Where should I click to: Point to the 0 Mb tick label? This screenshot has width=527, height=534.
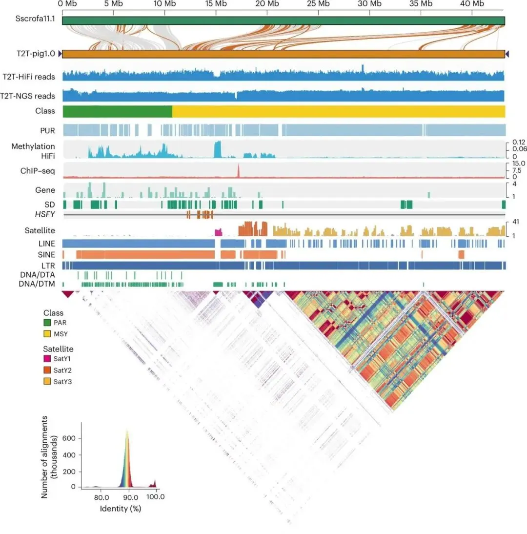coord(67,4)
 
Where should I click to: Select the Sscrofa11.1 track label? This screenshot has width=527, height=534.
coord(35,21)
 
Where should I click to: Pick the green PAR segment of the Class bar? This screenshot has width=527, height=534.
coord(117,111)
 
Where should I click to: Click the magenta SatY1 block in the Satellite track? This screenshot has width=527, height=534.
coord(218,231)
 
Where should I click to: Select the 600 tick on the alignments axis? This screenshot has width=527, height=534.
coord(71,438)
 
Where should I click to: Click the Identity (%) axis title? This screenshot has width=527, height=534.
coord(120,508)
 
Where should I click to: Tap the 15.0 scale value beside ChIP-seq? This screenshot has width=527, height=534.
coord(516,164)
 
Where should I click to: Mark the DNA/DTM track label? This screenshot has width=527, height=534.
coord(37,284)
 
